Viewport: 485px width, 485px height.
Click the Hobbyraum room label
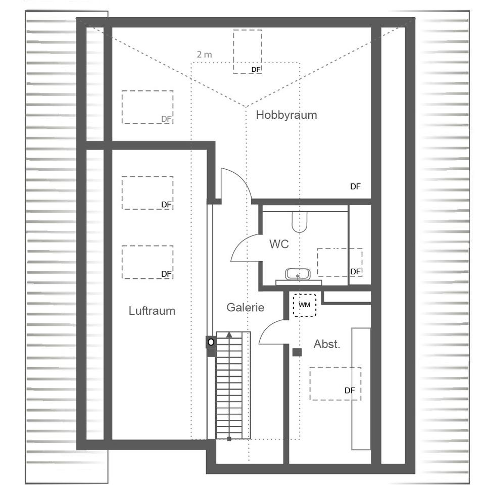click(286, 115)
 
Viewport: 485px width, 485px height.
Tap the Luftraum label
click(152, 311)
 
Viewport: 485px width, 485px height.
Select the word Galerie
click(246, 307)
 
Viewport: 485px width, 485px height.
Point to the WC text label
click(279, 244)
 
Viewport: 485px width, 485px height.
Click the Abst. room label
click(327, 344)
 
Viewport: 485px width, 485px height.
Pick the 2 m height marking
click(205, 55)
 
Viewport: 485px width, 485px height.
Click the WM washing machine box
click(305, 305)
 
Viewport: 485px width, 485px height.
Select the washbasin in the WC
click(298, 274)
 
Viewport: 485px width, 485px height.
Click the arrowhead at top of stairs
click(229, 334)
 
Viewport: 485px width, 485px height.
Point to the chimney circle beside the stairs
click(211, 342)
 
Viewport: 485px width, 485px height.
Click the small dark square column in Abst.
click(297, 352)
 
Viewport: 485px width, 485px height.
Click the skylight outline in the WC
click(339, 262)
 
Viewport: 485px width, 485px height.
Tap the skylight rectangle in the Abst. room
click(335, 383)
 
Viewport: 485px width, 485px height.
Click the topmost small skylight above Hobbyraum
click(248, 52)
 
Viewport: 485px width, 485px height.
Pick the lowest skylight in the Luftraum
click(147, 262)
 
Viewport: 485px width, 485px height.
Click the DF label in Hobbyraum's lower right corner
click(355, 186)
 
